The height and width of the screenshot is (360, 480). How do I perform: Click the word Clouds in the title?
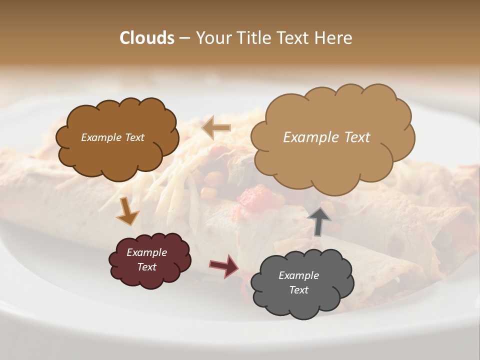point(146,37)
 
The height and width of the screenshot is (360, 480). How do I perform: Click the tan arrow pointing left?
point(216,127)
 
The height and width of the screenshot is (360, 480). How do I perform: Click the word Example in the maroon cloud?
point(146,252)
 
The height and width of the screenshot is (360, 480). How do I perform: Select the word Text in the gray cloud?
point(298,290)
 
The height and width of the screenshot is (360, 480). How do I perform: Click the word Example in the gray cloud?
point(298,275)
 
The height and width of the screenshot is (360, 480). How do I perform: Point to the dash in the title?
point(184,37)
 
